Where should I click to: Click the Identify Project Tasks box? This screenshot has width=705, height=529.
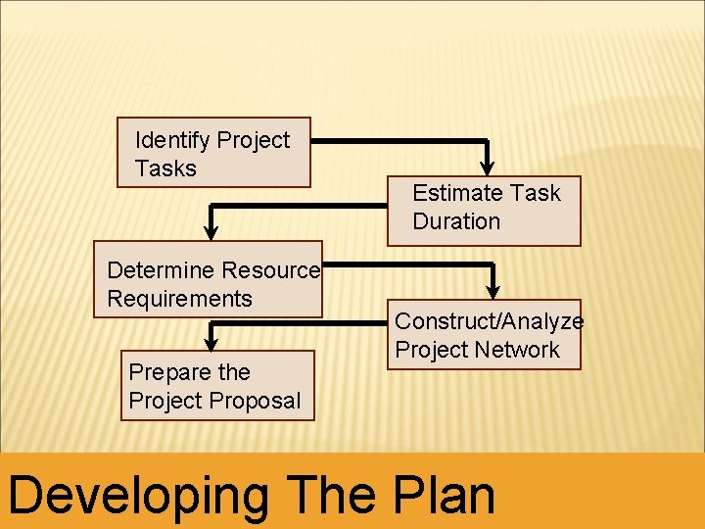(x=213, y=153)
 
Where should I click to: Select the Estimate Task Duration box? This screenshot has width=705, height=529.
(x=497, y=210)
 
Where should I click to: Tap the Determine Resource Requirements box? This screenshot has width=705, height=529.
(x=208, y=279)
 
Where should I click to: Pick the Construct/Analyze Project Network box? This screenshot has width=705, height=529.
(x=484, y=334)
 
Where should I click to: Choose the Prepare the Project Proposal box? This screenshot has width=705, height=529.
(x=217, y=385)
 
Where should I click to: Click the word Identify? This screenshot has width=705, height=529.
(x=172, y=140)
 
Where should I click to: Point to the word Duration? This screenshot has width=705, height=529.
(x=456, y=221)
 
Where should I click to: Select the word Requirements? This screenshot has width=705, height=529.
(x=179, y=299)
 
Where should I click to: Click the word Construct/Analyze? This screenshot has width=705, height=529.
(x=489, y=321)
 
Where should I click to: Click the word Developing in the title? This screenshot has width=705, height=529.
(x=137, y=495)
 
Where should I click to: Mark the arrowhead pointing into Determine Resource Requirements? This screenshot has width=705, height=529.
(x=211, y=232)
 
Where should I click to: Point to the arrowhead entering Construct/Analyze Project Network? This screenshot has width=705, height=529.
(x=493, y=290)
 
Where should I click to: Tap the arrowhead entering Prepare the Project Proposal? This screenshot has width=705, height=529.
(x=211, y=342)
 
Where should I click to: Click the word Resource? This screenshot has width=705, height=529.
(x=270, y=270)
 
